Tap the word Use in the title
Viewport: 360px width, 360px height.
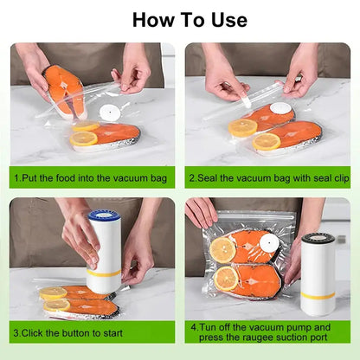(227, 19)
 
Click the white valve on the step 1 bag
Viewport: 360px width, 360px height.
(108, 112)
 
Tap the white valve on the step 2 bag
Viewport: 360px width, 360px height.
(280, 109)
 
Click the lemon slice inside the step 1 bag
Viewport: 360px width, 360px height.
(86, 138)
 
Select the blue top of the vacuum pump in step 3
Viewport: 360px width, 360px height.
(105, 215)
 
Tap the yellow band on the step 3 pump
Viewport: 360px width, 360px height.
(105, 274)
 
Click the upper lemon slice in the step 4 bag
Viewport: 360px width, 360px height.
(222, 249)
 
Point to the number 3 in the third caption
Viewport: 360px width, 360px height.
(16, 331)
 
